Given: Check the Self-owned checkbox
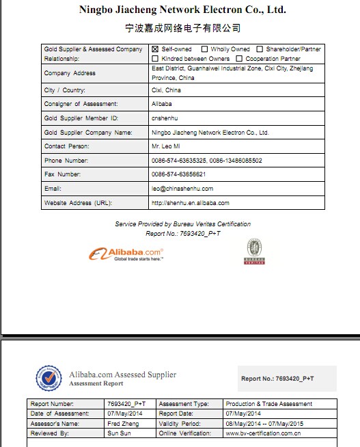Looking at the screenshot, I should click(155, 49).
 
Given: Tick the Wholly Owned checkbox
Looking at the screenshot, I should click(204, 49).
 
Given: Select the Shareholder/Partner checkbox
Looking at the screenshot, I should click(260, 49).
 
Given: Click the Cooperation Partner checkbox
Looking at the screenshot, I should click(239, 59).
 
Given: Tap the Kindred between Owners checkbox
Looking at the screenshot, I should click(155, 59).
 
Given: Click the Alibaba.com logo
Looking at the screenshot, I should click(126, 254).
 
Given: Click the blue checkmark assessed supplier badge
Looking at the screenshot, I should click(49, 378).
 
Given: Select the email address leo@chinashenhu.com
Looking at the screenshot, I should click(182, 189).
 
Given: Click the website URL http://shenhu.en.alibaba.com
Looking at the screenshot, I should click(190, 203).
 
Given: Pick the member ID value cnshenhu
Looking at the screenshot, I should click(165, 118).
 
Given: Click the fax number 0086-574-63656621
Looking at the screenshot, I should click(178, 174).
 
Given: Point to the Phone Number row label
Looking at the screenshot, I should click(67, 161).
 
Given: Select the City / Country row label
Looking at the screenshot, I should click(64, 90).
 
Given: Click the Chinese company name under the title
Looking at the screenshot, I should click(183, 28).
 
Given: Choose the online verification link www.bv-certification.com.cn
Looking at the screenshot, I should click(263, 433).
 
